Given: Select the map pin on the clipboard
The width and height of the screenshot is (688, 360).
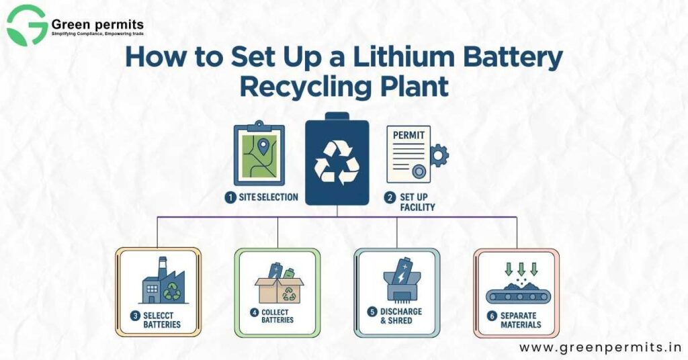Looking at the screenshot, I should pyautogui.click(x=263, y=144).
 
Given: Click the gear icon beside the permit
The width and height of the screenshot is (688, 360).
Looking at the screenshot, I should pyautogui.click(x=439, y=155).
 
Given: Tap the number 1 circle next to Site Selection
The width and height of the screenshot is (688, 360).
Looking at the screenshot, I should pyautogui.click(x=230, y=197).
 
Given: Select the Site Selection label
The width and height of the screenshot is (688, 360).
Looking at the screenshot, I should pyautogui.click(x=268, y=197).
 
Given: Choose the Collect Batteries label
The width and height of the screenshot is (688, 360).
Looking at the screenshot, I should pyautogui.click(x=277, y=316).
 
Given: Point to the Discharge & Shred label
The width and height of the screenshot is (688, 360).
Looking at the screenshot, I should pyautogui.click(x=400, y=316).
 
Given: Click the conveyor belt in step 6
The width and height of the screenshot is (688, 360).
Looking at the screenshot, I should pyautogui.click(x=516, y=293).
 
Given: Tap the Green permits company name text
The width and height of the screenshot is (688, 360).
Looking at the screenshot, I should pyautogui.click(x=97, y=25).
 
